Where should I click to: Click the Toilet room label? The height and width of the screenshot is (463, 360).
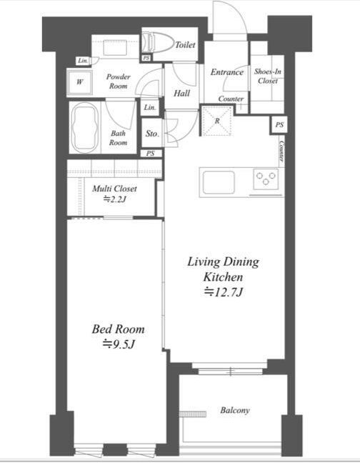coord(185,45)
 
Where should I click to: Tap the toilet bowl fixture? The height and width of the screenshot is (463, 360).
coord(157,43)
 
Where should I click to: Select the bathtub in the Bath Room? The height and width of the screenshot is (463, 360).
coord(85,128)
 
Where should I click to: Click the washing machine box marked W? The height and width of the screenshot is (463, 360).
coord(80,82)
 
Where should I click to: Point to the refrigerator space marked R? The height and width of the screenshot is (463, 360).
coord(217,121)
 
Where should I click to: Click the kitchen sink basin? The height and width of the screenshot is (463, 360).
coord(219,182)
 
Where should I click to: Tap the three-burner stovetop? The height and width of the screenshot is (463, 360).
coord(266,179)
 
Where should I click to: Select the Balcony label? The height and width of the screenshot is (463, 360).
coord(235,410)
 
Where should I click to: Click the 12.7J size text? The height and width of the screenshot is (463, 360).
coord(224,292)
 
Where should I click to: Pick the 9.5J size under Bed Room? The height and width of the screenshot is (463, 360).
coord(119,344)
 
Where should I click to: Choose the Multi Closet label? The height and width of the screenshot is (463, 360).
coord(114,189)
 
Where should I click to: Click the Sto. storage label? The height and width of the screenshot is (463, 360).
coord(152,134)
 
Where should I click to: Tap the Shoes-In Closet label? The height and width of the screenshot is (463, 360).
coord(268,76)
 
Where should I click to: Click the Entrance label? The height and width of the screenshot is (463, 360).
coord(227,72)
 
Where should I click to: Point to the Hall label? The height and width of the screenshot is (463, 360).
coord(181,94)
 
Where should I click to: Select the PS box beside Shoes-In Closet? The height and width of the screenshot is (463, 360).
coord(279,125)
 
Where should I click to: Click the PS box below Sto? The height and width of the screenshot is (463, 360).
coord(151,154)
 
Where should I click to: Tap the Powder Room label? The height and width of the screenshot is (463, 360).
coord(118,81)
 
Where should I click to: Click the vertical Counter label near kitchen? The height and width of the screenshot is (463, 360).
coord(282,151)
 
